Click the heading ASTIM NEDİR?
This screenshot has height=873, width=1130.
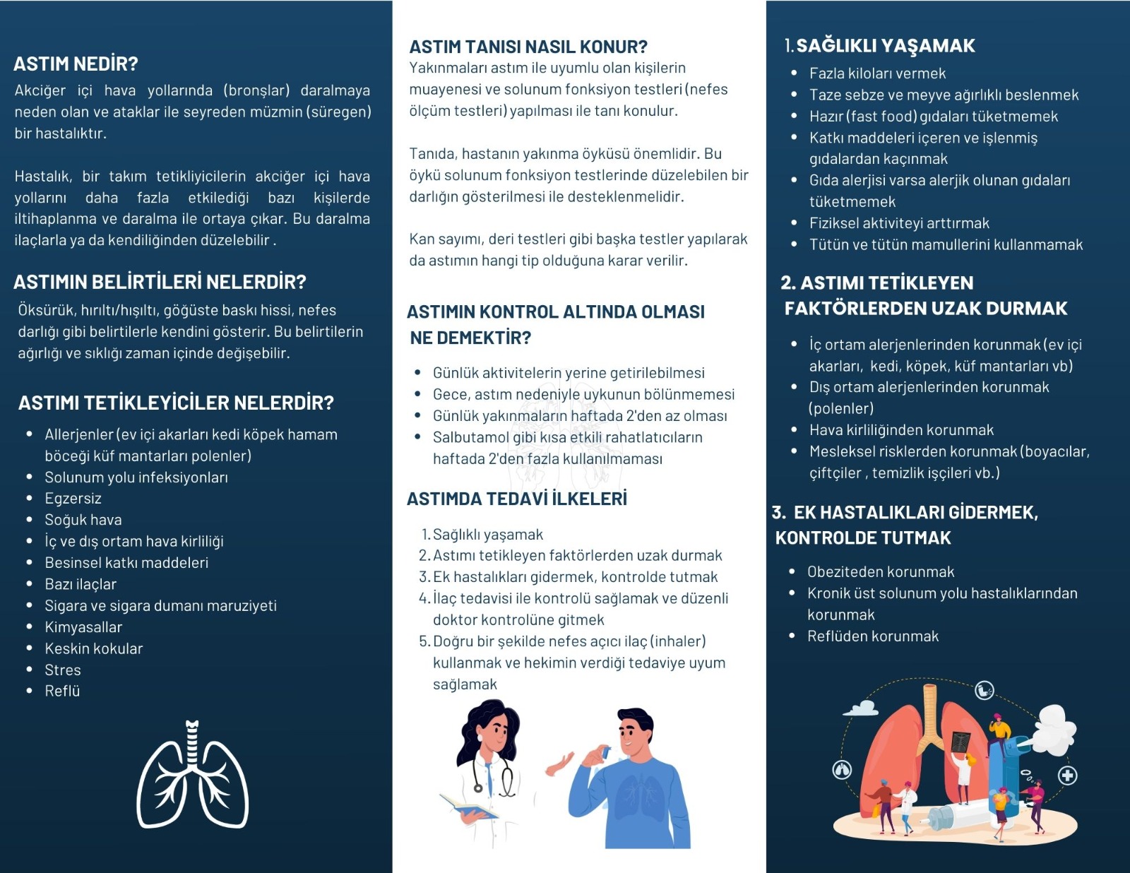[76, 64]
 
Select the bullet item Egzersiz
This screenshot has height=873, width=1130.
[73, 499]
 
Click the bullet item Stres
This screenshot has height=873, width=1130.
[63, 670]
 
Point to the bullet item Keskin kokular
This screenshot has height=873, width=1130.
[93, 648]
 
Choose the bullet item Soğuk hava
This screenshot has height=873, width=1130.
[83, 520]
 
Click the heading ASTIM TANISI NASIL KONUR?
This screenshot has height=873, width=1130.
[528, 47]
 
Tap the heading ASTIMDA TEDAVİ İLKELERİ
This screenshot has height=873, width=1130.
[517, 499]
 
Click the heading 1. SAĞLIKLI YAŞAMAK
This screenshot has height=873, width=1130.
[880, 46]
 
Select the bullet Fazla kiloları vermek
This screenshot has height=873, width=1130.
[877, 73]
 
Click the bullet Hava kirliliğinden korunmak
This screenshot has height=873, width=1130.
[901, 430]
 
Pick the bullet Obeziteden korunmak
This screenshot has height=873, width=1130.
[881, 572]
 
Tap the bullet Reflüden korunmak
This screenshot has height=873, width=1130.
[873, 636]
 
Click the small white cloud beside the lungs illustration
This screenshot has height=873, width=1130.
[861, 707]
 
